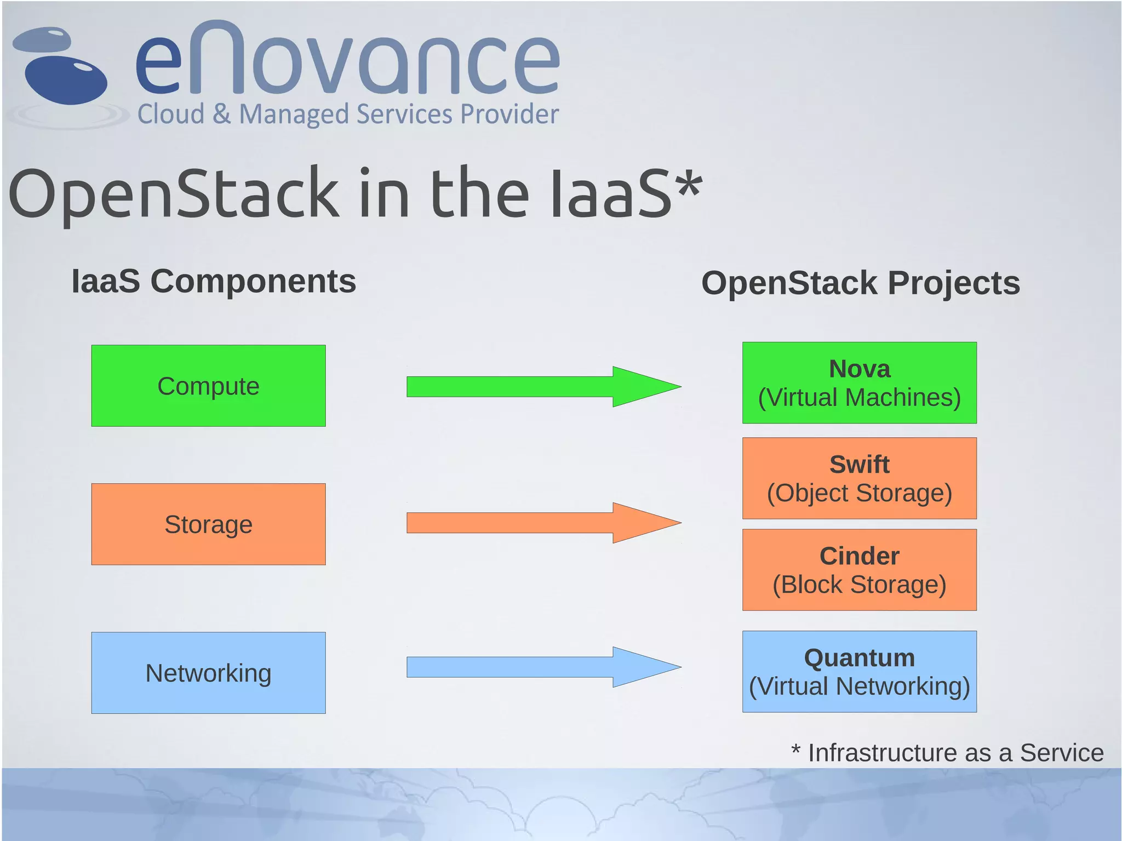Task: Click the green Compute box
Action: [208, 386]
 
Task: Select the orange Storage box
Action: [208, 524]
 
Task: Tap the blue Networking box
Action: [208, 673]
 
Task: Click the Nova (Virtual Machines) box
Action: [859, 383]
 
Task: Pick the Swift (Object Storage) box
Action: [859, 478]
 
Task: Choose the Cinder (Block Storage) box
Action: [859, 570]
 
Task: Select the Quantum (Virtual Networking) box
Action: [859, 672]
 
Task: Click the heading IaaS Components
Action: [214, 282]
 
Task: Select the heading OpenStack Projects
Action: [860, 283]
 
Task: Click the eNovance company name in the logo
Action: [348, 60]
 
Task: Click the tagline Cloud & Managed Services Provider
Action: [348, 114]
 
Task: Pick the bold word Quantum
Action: [859, 658]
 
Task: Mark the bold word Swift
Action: [859, 465]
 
